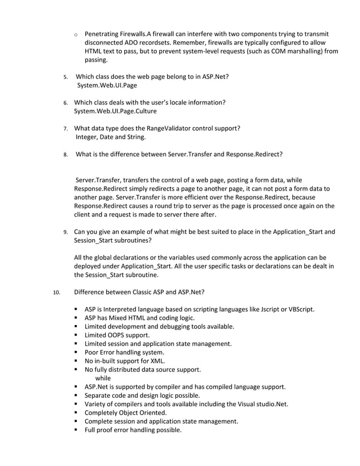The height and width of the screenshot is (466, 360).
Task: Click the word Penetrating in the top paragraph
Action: [x=103, y=34]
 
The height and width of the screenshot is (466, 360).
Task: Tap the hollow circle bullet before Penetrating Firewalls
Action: [x=76, y=35]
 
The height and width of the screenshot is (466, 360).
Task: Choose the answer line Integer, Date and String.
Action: [x=111, y=137]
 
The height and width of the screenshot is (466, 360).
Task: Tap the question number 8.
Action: [x=65, y=154]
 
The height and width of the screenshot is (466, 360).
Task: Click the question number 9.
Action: [x=65, y=232]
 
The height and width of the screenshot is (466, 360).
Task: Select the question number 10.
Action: [x=55, y=293]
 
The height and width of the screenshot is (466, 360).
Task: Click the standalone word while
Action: [x=103, y=378]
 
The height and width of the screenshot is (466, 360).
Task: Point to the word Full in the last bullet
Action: [x=91, y=430]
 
